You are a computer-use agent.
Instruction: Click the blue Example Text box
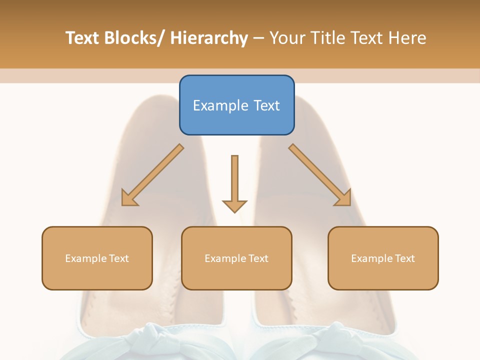236,105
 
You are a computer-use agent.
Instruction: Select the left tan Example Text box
97,258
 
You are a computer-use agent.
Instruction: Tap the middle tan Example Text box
236,258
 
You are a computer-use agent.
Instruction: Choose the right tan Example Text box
383,258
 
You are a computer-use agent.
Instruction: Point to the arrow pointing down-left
152,175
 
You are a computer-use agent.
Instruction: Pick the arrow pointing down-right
320,175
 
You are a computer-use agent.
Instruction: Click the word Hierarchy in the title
209,38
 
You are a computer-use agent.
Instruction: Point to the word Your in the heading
286,38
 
